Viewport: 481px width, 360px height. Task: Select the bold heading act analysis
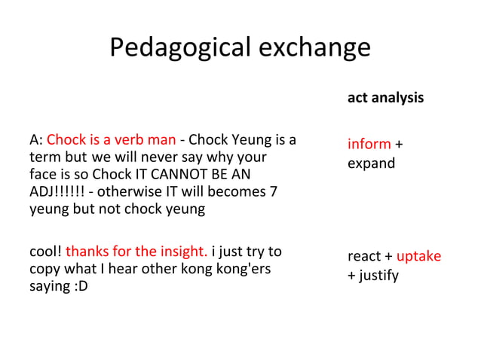[x=385, y=98]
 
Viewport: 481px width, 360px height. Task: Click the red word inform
[x=369, y=144]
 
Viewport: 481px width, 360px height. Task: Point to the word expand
[x=371, y=163]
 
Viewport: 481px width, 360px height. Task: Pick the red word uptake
[x=418, y=256]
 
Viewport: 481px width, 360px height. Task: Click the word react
[x=363, y=256]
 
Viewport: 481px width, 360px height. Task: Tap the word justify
[x=378, y=275]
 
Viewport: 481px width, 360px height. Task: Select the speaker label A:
[x=35, y=140]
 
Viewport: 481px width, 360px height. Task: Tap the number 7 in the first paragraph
[x=273, y=192]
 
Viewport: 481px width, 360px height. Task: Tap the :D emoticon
[x=79, y=286]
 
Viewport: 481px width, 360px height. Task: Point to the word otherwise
[x=124, y=192]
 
